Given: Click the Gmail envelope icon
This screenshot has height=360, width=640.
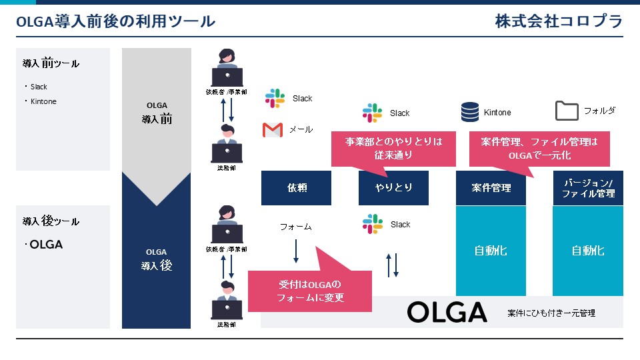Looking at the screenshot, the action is pyautogui.click(x=273, y=130).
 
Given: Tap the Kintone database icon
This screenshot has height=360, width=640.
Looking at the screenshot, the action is pyautogui.click(x=470, y=112).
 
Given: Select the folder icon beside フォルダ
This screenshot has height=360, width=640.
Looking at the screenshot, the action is pyautogui.click(x=567, y=111).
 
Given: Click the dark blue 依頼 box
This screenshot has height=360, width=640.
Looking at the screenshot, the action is pyautogui.click(x=296, y=188).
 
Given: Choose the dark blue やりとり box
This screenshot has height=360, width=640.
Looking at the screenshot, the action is pyautogui.click(x=393, y=188).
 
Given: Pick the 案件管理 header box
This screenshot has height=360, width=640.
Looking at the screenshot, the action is pyautogui.click(x=491, y=188).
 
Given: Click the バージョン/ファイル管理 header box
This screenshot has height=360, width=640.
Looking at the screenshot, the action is pyautogui.click(x=588, y=188).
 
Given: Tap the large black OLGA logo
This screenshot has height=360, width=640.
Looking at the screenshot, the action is pyautogui.click(x=447, y=312).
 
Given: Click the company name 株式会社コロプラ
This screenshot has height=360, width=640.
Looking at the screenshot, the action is pyautogui.click(x=559, y=21).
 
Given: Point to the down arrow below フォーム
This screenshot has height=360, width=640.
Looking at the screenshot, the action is pyautogui.click(x=296, y=251).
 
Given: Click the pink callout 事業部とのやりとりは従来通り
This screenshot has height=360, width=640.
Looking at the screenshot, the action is pyautogui.click(x=393, y=149).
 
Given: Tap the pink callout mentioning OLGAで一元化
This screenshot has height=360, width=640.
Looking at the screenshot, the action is pyautogui.click(x=539, y=149).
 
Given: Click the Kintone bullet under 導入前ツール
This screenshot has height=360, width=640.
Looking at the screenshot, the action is pyautogui.click(x=41, y=101).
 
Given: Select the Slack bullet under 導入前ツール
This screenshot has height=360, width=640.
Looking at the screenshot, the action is pyautogui.click(x=36, y=87).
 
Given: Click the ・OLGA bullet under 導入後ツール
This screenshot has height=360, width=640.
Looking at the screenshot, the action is pyautogui.click(x=43, y=245).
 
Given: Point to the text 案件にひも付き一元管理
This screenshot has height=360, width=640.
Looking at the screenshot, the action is pyautogui.click(x=551, y=313).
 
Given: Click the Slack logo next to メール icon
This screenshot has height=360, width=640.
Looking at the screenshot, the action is pyautogui.click(x=275, y=99).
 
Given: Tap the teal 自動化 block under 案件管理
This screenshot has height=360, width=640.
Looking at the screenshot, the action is pyautogui.click(x=491, y=251).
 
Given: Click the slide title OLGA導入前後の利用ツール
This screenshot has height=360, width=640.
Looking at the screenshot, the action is pyautogui.click(x=115, y=21).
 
